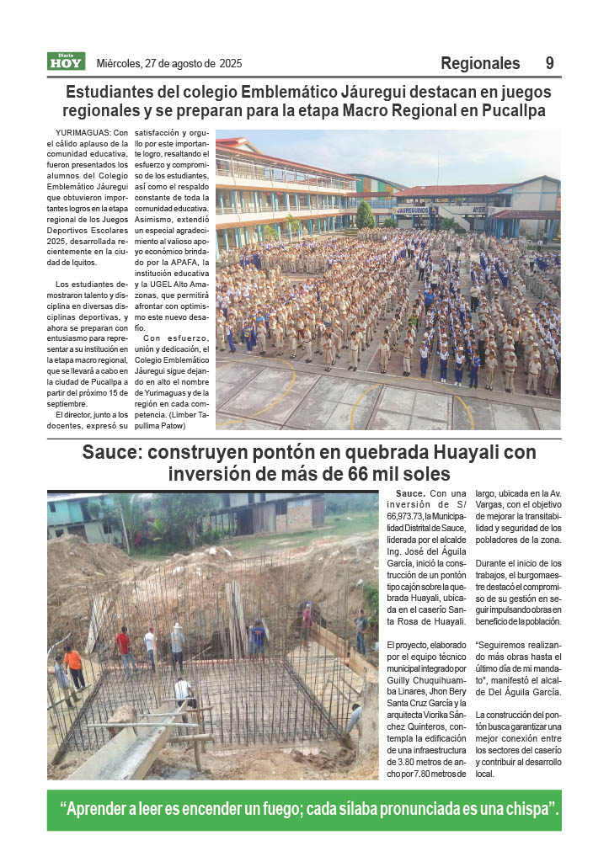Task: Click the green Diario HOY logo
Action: (x=66, y=61)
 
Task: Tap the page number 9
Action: (x=549, y=63)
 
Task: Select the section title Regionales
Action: (x=480, y=63)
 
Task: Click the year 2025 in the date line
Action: (x=231, y=63)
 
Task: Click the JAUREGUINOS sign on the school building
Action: (x=414, y=210)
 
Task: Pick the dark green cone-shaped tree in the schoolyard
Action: (x=365, y=215)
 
